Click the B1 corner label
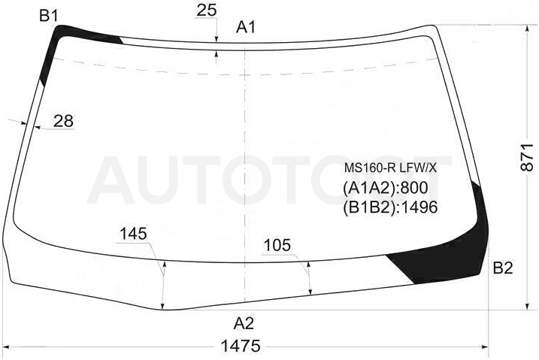(48, 16)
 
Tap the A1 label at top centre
(246, 27)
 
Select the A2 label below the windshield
(244, 323)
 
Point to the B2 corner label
(503, 268)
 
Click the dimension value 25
(207, 11)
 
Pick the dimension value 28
(64, 121)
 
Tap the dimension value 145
(133, 234)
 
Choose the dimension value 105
(277, 245)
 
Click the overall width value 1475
(241, 346)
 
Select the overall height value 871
(527, 157)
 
